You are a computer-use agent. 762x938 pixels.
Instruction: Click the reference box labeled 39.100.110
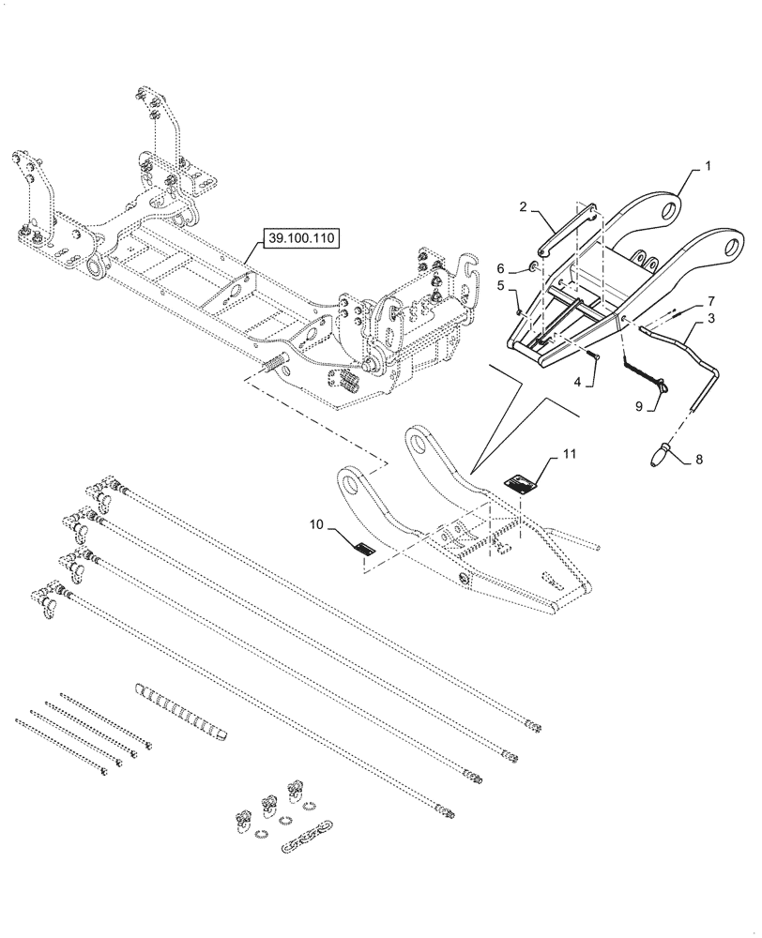[300, 239]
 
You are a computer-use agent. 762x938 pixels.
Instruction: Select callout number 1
[708, 165]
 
